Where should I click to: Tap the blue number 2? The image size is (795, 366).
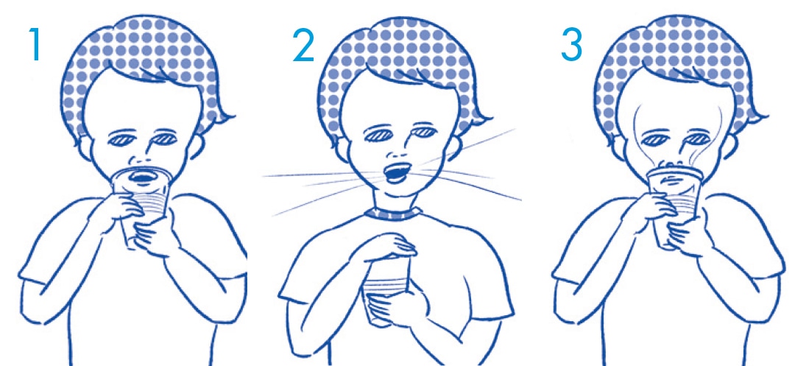304,45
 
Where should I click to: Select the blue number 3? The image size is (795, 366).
571,44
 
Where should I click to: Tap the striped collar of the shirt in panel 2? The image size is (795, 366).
392,214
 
